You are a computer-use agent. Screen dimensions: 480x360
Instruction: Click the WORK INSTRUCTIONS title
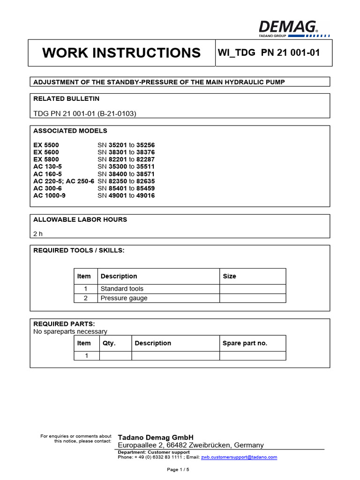pyautogui.click(x=121, y=53)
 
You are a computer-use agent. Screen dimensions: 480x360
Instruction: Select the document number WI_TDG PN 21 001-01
pyautogui.click(x=269, y=52)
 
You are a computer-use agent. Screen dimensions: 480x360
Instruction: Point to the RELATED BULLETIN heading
pyautogui.click(x=66, y=99)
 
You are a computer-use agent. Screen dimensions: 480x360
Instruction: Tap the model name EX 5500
pyautogui.click(x=46, y=145)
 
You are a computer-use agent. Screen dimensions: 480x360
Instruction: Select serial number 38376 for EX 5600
pyautogui.click(x=145, y=152)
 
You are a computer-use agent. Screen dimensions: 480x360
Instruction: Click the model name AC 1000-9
pyautogui.click(x=50, y=195)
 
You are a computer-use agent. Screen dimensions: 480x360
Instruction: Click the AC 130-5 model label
pyautogui.click(x=48, y=166)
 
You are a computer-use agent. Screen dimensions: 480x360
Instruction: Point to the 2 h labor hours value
pyautogui.click(x=38, y=233)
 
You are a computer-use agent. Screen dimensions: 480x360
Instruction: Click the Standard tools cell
pyautogui.click(x=122, y=289)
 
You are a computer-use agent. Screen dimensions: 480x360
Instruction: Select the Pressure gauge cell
pyautogui.click(x=124, y=298)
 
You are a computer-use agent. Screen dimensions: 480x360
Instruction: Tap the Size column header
pyautogui.click(x=229, y=276)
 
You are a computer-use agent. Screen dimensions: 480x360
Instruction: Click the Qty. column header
pyautogui.click(x=109, y=343)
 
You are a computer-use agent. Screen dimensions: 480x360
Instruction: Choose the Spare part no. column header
pyautogui.click(x=245, y=343)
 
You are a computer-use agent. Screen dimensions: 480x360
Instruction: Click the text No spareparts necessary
pyautogui.click(x=70, y=331)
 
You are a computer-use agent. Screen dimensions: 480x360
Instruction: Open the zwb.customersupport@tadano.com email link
pyautogui.click(x=239, y=457)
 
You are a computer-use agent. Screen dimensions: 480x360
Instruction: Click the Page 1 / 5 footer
pyautogui.click(x=178, y=469)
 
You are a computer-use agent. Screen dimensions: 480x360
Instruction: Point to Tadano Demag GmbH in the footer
pyautogui.click(x=156, y=437)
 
